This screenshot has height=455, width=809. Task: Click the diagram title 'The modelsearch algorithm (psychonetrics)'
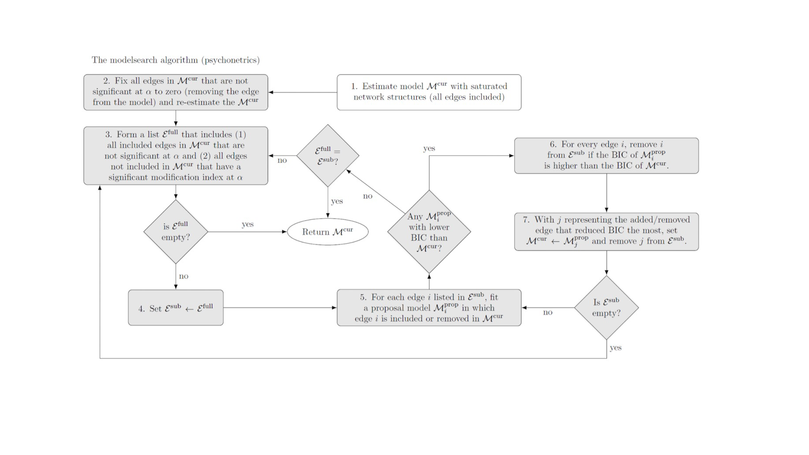pyautogui.click(x=176, y=60)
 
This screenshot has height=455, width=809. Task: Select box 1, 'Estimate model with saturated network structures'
pyautogui.click(x=429, y=92)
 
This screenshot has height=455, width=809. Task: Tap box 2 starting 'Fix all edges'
pyautogui.click(x=176, y=92)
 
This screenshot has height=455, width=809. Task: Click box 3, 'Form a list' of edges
pyautogui.click(x=176, y=156)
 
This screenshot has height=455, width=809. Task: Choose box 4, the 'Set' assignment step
pyautogui.click(x=176, y=308)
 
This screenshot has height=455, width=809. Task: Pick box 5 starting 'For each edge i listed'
pyautogui.click(x=429, y=308)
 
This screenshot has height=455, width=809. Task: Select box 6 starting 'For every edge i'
pyautogui.click(x=606, y=156)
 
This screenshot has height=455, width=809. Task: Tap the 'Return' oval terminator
pyautogui.click(x=328, y=232)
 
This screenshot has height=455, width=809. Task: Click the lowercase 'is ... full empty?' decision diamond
pyautogui.click(x=176, y=232)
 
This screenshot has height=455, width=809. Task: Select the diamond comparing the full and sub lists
pyautogui.click(x=328, y=156)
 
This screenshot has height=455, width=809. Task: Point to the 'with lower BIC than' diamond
pyautogui.click(x=429, y=232)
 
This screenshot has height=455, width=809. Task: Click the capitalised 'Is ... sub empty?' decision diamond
pyautogui.click(x=606, y=308)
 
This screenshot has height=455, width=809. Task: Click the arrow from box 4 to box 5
pyautogui.click(x=280, y=308)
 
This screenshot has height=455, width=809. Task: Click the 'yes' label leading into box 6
pyautogui.click(x=429, y=148)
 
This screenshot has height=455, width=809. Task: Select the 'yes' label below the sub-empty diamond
pyautogui.click(x=615, y=348)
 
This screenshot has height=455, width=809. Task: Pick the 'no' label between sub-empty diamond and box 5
pyautogui.click(x=547, y=312)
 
